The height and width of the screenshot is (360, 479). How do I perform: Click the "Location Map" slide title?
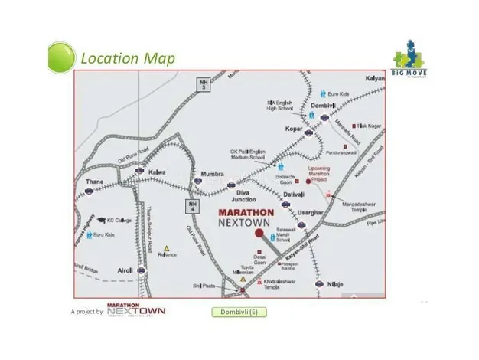128,58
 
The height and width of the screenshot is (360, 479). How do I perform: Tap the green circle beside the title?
61,57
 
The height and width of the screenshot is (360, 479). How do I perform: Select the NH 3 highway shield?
203,84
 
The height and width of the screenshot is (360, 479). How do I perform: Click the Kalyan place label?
373,80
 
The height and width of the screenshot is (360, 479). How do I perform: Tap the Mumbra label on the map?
211,174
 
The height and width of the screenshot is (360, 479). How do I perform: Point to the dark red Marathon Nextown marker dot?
259,233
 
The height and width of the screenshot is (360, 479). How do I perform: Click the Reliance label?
166,255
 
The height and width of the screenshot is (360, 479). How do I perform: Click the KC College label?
119,220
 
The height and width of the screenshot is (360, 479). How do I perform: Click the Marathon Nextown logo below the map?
136,310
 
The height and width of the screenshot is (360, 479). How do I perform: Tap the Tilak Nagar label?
370,126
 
